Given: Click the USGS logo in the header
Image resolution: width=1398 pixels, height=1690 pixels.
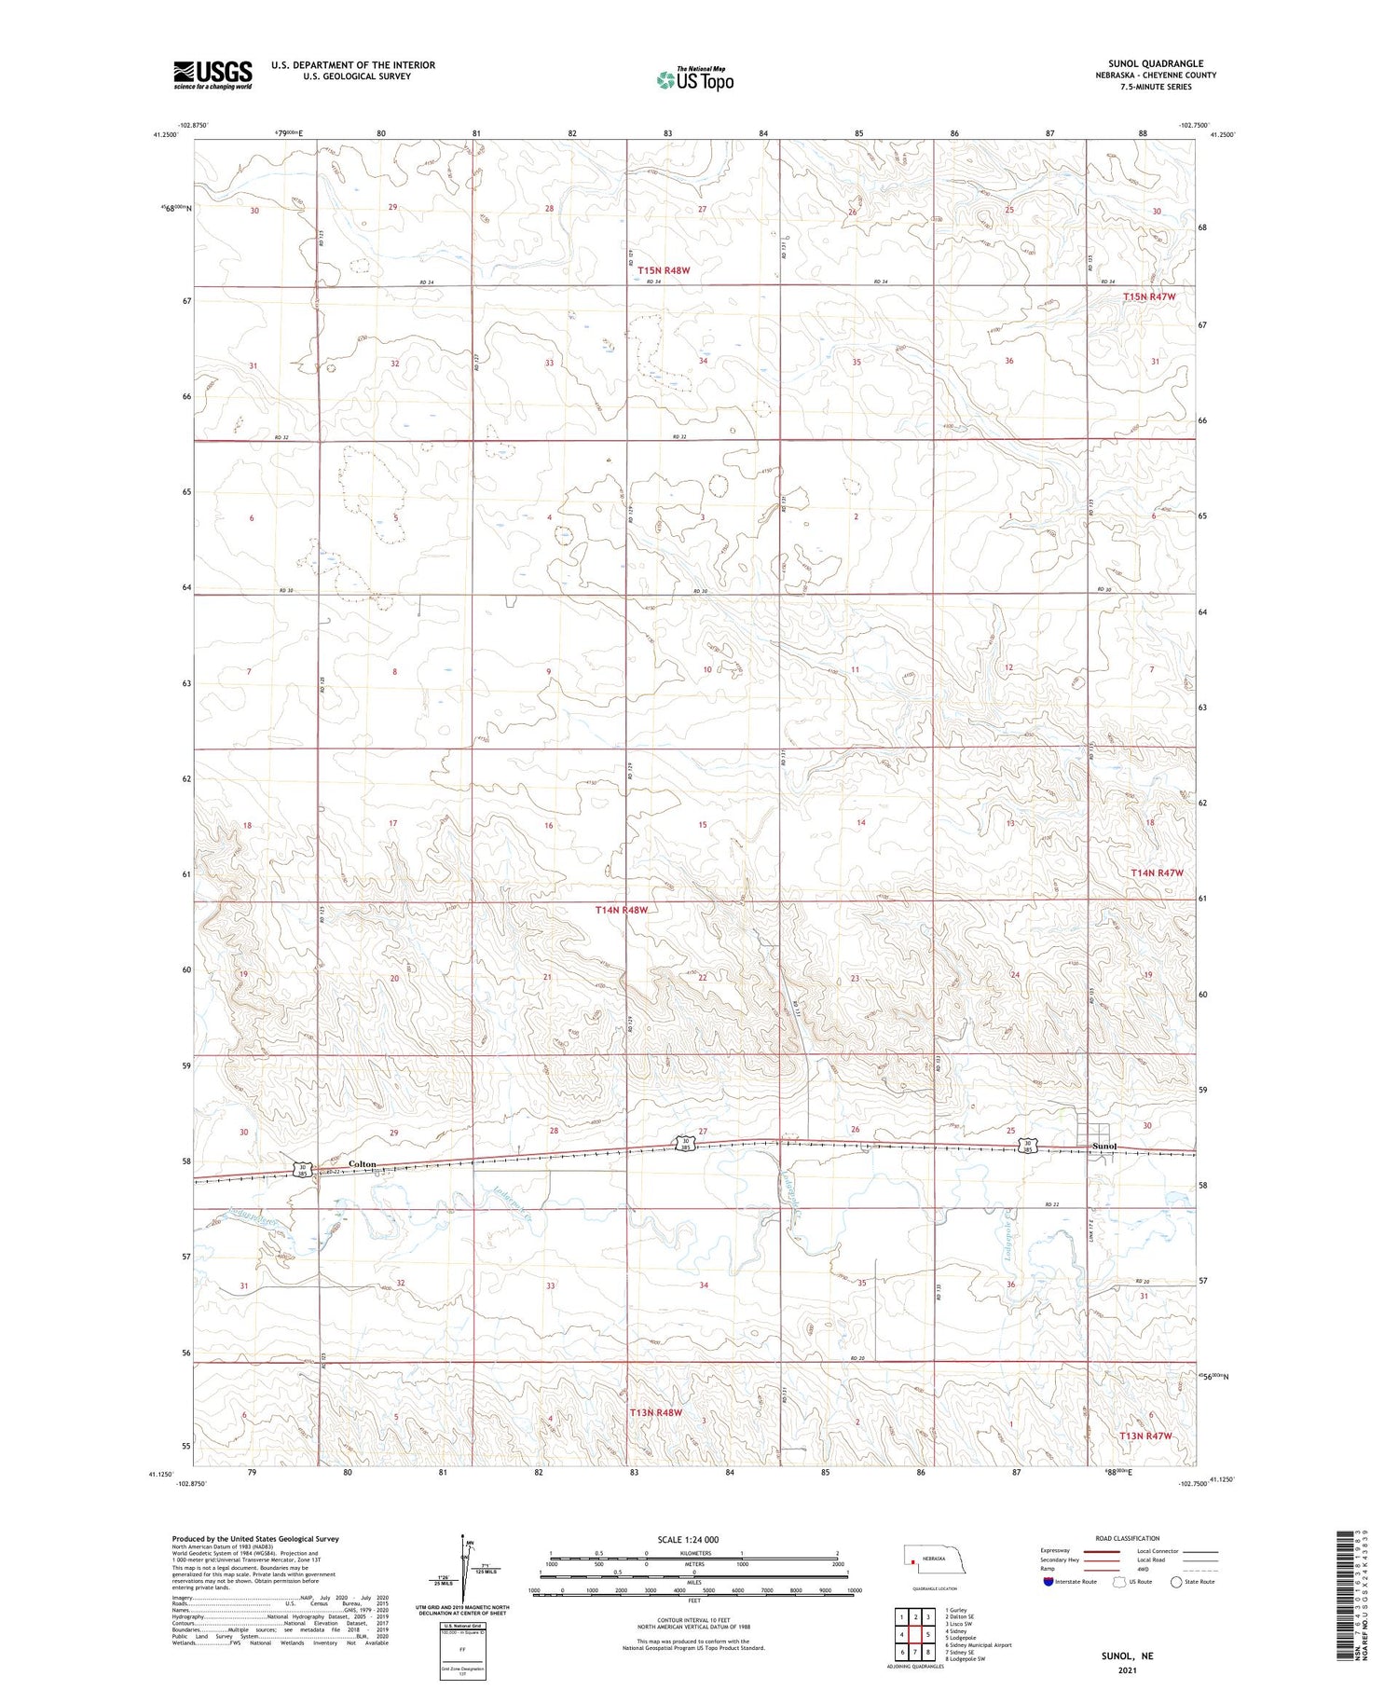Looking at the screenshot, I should pos(212,75).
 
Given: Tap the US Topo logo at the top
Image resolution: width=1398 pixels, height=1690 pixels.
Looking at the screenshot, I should pos(694,80).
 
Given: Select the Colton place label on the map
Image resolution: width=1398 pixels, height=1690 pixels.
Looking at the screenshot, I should pos(362,1164).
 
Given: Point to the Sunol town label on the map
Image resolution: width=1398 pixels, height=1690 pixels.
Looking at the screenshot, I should pos(1104,1146).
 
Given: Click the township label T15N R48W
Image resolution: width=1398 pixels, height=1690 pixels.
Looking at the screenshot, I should pos(664,270).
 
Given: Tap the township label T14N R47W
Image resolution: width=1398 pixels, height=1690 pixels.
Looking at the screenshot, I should pos(1157,872).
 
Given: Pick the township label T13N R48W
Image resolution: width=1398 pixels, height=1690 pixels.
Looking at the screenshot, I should pos(656,1412).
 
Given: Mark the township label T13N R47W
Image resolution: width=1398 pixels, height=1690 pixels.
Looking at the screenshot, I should pos(1144,1436).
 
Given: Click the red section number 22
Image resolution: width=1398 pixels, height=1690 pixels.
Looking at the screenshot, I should pos(703,977).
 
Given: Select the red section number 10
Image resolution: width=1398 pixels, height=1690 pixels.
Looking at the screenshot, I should pos(707,669).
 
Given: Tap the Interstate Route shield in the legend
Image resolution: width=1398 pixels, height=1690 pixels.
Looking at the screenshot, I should pos(1048,1582).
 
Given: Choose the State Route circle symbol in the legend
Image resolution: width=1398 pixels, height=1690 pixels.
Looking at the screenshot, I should pos(1176,1582).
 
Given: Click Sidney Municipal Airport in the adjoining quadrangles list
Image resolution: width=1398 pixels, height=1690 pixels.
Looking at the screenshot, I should pos(978,1645).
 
